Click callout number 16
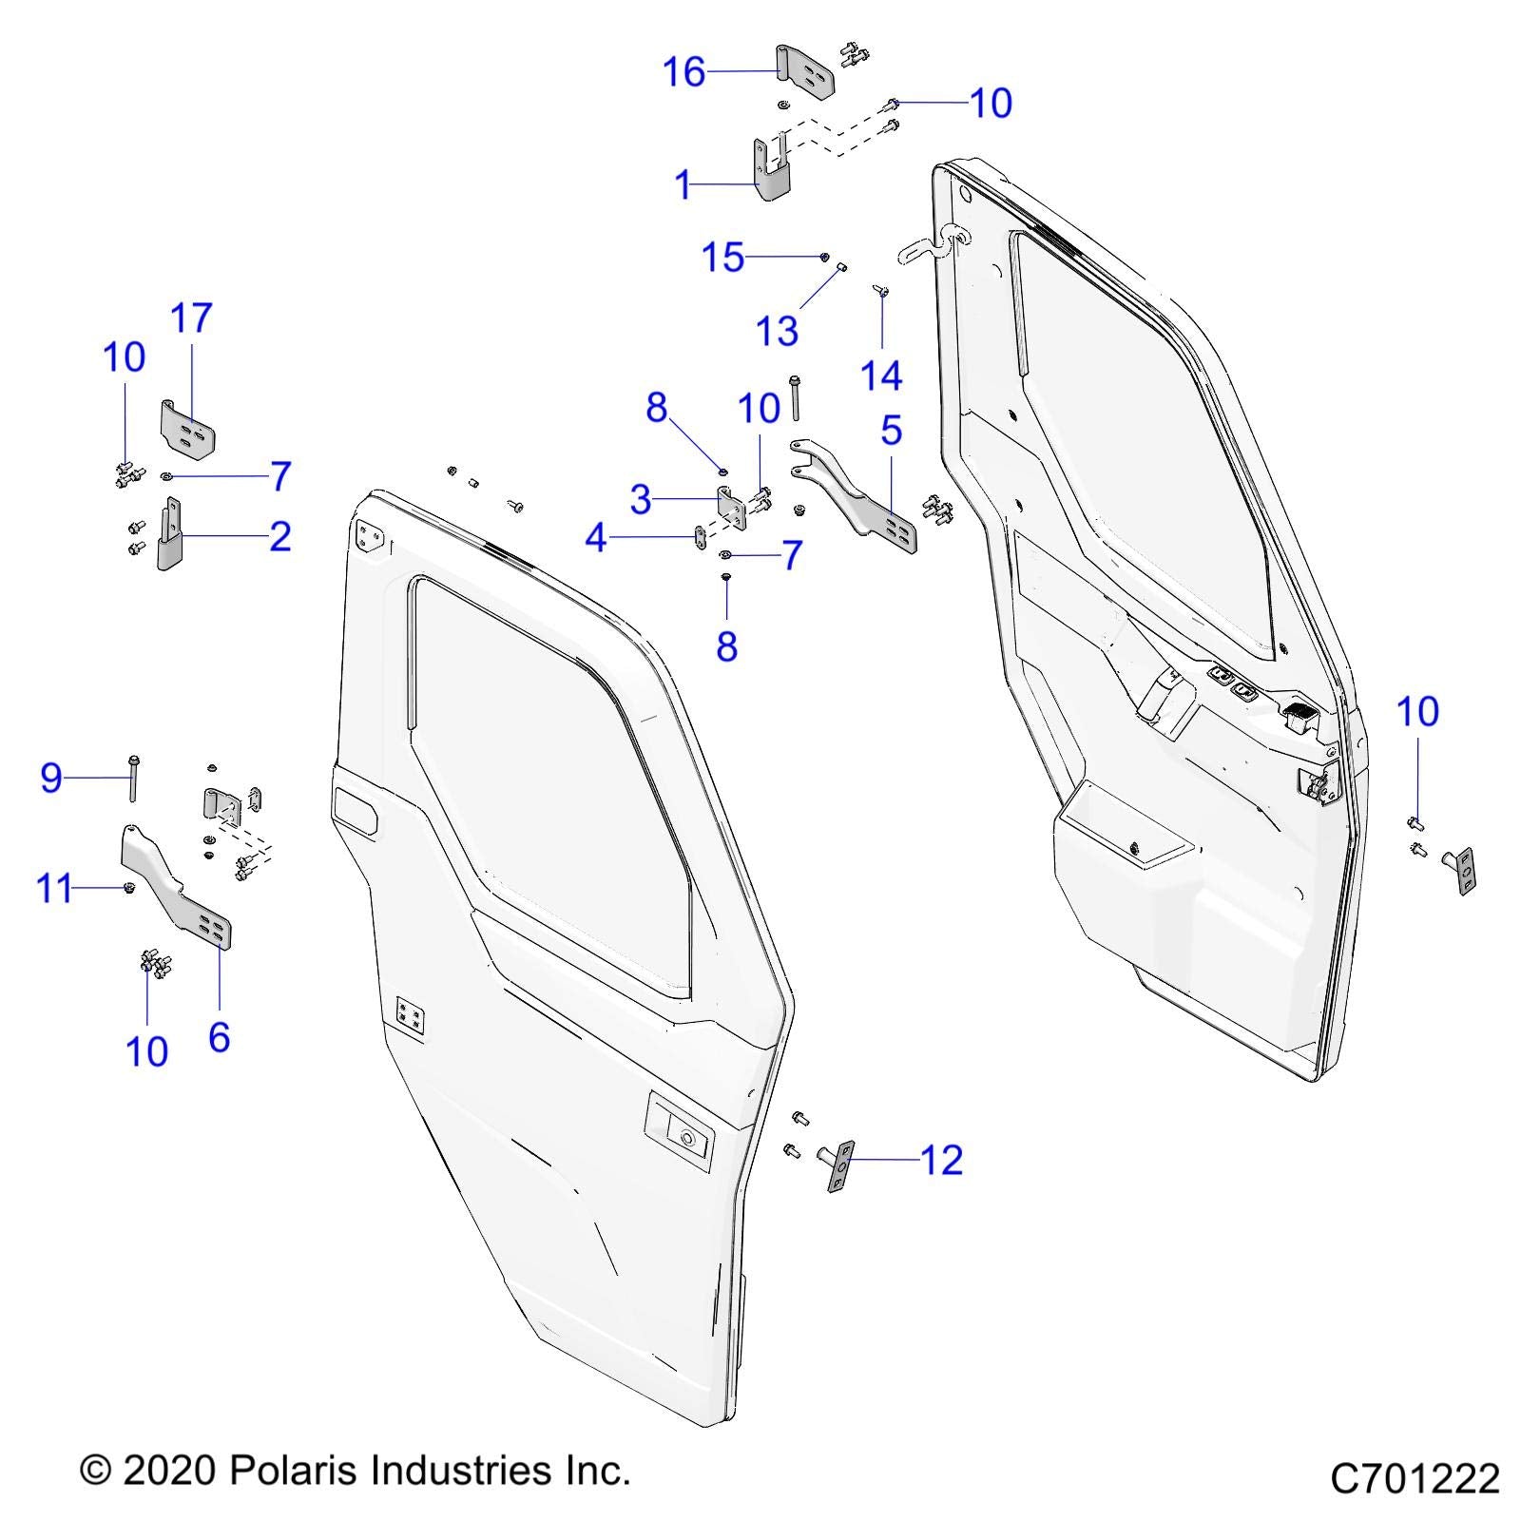click(684, 71)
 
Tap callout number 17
click(191, 318)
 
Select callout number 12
click(942, 1160)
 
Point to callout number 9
click(51, 778)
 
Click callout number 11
click(54, 890)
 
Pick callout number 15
click(722, 258)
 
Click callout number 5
click(891, 430)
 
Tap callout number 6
click(219, 1036)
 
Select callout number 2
click(279, 536)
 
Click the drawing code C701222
click(1414, 1478)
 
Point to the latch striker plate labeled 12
click(840, 1165)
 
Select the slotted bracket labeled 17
click(186, 428)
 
